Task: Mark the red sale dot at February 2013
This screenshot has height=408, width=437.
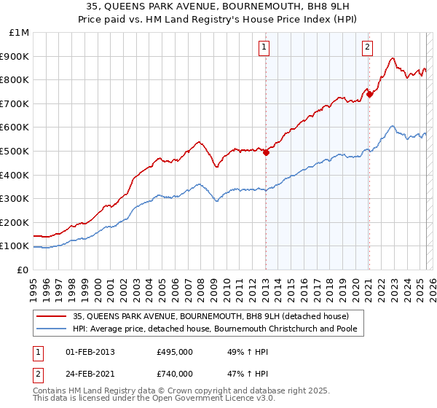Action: pyautogui.click(x=266, y=152)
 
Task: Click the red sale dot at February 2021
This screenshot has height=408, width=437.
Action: pyautogui.click(x=369, y=94)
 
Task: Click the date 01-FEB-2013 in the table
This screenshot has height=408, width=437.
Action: pyautogui.click(x=90, y=352)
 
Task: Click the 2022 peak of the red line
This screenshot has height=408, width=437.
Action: pyautogui.click(x=392, y=58)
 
